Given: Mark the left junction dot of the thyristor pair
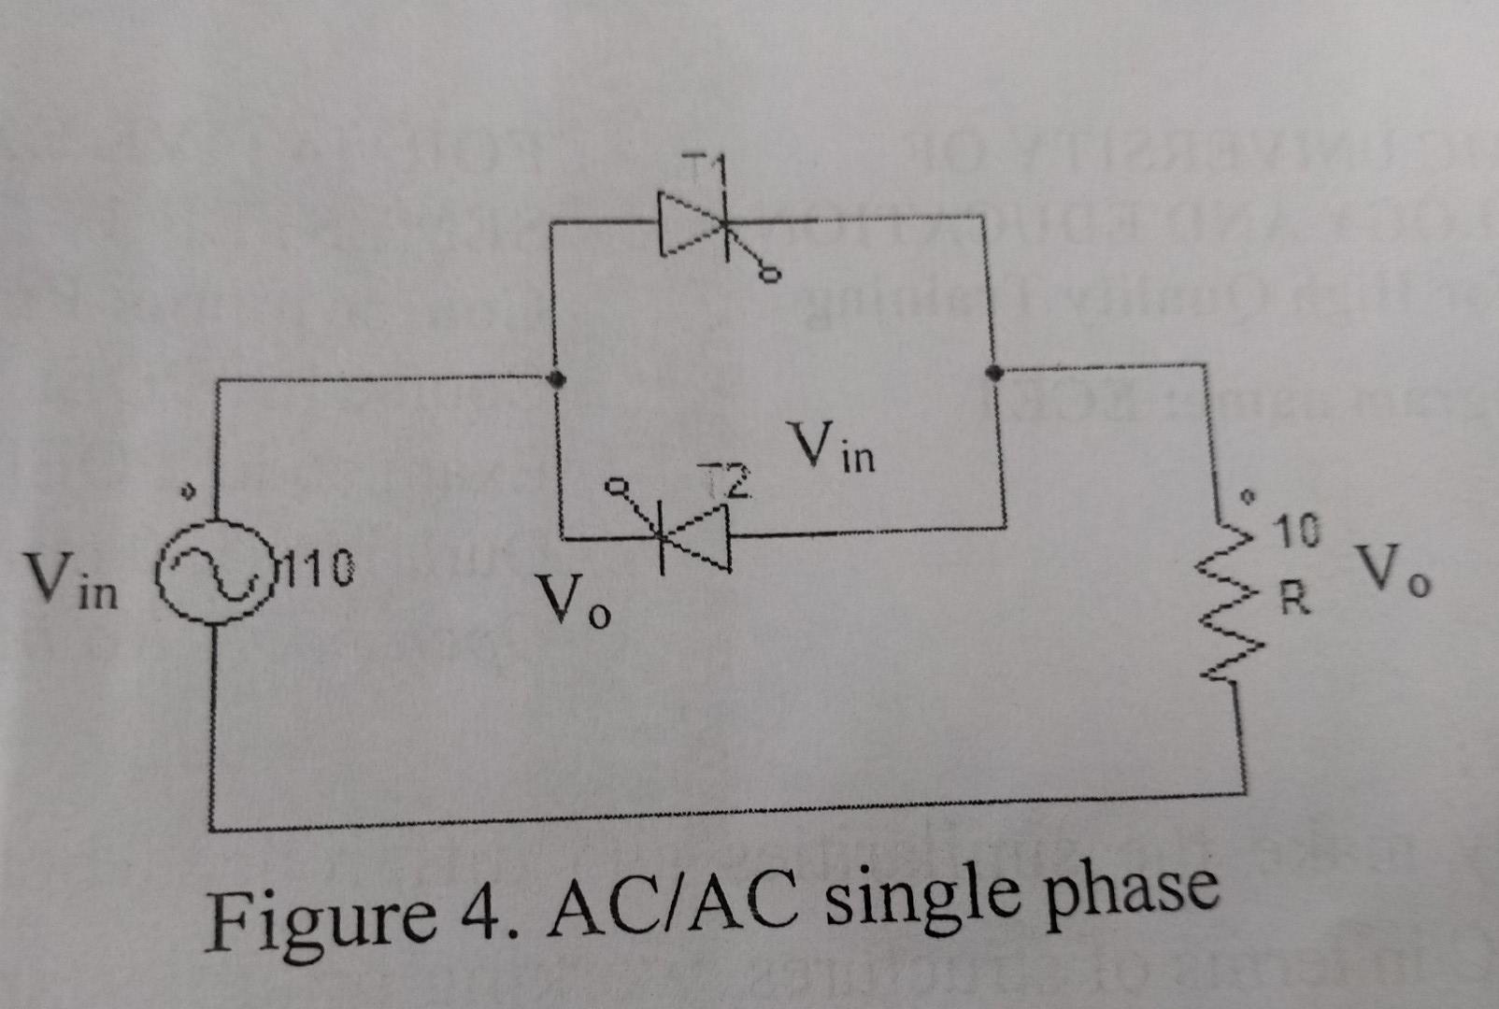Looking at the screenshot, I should (x=557, y=378).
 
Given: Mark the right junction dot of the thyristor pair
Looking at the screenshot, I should (x=992, y=373).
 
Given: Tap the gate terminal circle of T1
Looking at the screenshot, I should (x=770, y=275).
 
